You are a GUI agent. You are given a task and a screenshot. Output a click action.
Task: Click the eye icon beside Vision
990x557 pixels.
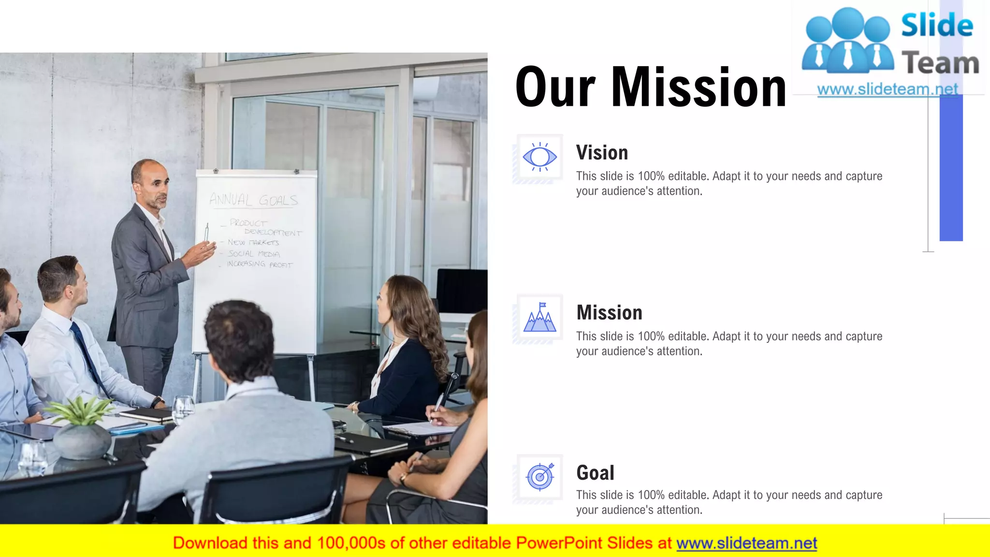point(539,157)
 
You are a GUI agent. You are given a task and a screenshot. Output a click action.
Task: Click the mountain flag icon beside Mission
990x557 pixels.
point(539,318)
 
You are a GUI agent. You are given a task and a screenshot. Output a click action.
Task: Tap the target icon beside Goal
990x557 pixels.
point(540,477)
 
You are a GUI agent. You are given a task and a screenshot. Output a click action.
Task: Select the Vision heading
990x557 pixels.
point(602,153)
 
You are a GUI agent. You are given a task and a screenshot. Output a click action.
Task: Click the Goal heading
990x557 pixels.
point(595,472)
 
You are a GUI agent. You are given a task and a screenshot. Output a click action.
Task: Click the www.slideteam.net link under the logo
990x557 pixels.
point(887,89)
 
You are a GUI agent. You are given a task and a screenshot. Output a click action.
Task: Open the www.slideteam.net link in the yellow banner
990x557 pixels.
point(746,543)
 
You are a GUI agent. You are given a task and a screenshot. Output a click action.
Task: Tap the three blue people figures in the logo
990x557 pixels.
point(848,41)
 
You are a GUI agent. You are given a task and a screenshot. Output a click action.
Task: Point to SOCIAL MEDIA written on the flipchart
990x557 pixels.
point(254,254)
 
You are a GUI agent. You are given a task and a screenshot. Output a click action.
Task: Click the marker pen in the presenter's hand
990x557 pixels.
point(207,233)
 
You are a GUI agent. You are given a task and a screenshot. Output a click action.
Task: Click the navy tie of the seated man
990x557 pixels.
point(88,355)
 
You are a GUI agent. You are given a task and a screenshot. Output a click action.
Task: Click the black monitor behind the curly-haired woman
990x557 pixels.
point(462,291)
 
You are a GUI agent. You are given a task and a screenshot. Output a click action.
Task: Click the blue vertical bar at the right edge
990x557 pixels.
point(951,164)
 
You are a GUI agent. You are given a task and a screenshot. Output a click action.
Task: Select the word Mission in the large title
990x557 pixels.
point(699,88)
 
